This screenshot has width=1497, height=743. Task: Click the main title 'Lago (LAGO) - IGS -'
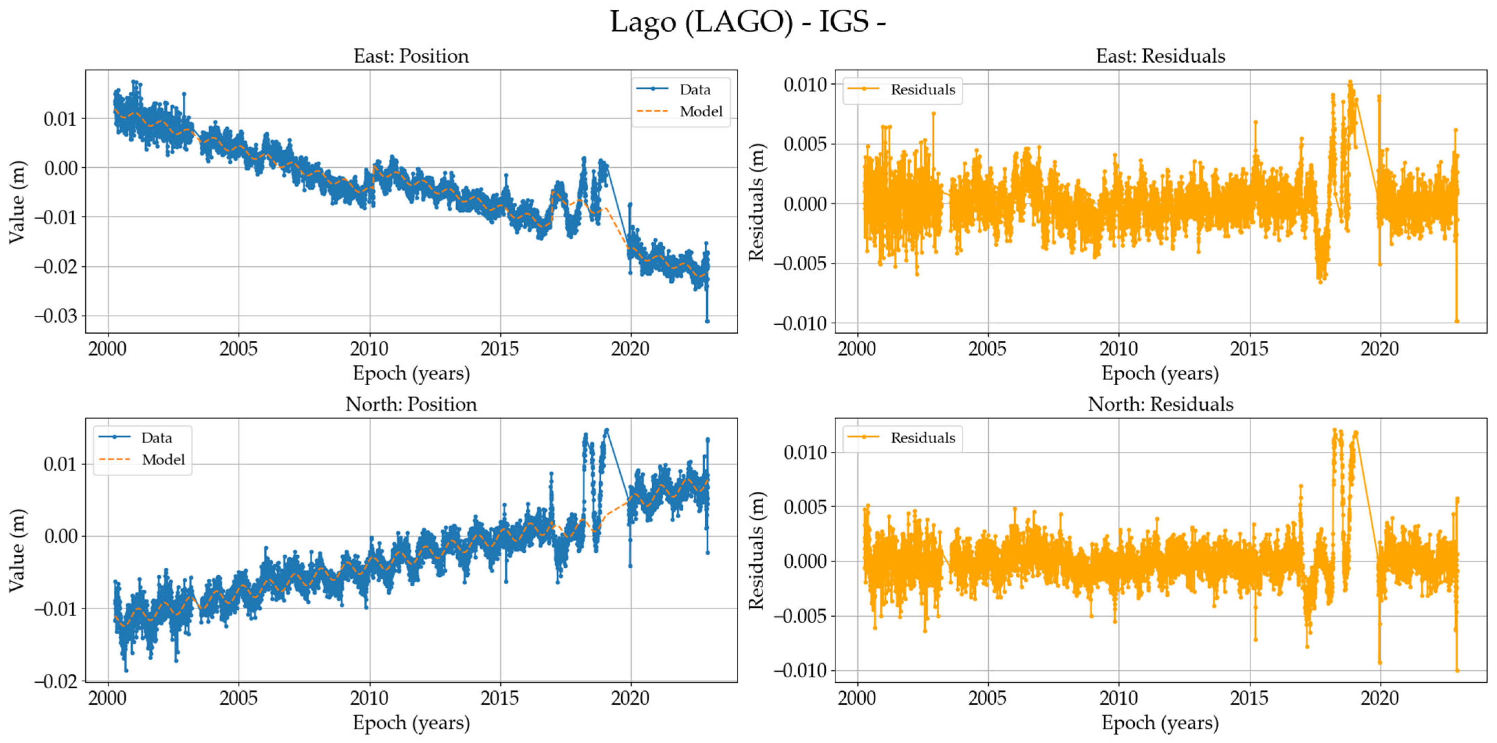pos(748,22)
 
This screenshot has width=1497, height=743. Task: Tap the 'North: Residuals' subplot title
pos(1160,404)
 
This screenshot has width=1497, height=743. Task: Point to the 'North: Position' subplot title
pos(411,404)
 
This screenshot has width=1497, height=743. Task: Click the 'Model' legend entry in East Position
pos(700,111)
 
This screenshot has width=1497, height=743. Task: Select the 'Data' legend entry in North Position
pos(156,437)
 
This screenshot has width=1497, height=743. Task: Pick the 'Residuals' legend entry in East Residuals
pos(922,90)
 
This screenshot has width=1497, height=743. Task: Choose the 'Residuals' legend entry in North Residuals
pos(922,437)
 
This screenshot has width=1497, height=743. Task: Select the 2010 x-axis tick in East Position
pos(369,349)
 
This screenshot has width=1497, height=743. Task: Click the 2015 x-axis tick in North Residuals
pos(1249,698)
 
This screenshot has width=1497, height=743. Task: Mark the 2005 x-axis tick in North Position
pos(238,698)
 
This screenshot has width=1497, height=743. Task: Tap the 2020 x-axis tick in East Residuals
pos(1380,349)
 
